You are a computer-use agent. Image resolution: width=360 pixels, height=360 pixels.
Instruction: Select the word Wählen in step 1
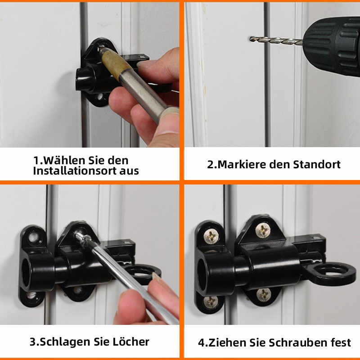tap(61, 160)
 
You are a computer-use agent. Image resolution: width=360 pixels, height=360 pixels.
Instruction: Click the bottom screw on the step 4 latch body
tap(263, 295)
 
